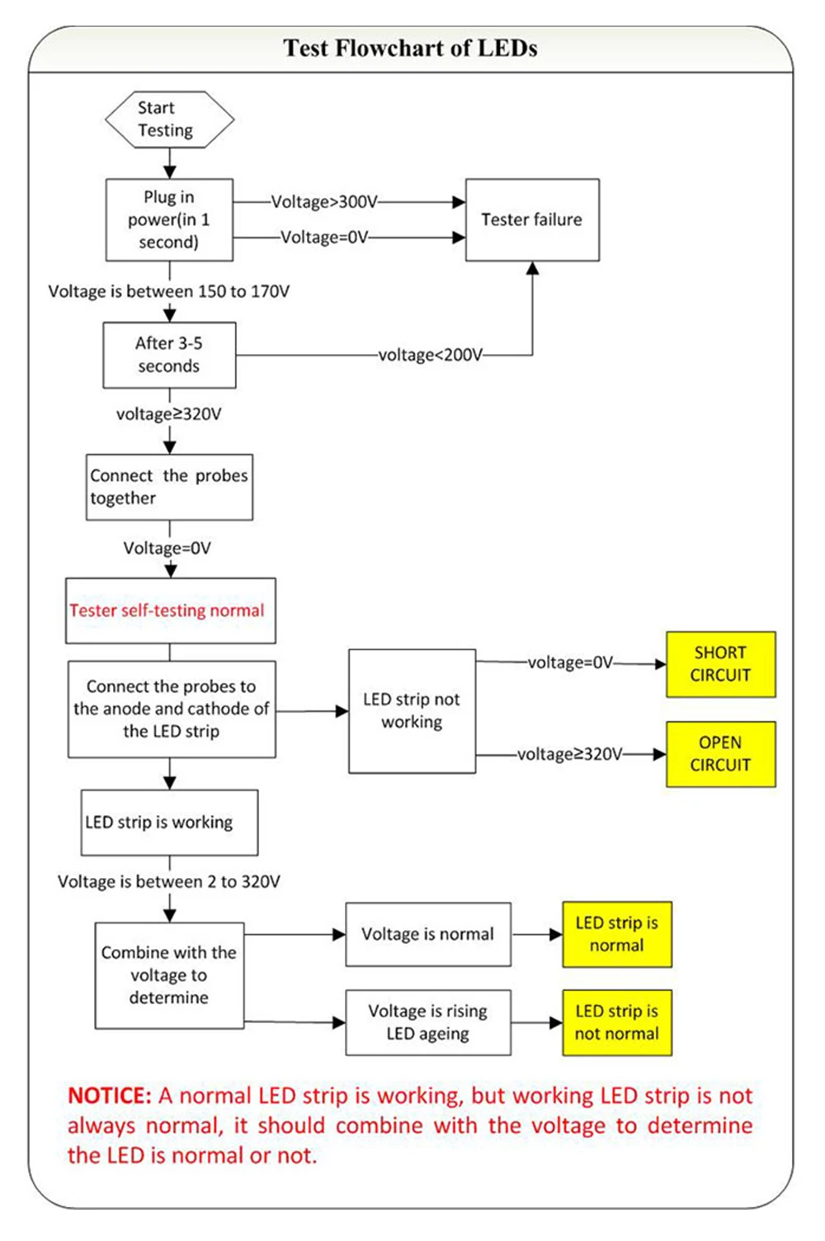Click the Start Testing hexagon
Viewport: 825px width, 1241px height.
170,119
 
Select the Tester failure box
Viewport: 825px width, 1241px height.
532,219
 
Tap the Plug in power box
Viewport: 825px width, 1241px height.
169,219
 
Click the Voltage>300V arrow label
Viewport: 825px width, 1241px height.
324,201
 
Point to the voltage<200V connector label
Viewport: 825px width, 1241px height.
431,355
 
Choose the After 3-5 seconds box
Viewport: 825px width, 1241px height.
169,355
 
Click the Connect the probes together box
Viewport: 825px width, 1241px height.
169,487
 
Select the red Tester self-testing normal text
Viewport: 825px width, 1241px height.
167,611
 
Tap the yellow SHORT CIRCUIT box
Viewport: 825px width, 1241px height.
720,663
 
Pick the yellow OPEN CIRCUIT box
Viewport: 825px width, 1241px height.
720,753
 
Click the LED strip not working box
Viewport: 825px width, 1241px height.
412,710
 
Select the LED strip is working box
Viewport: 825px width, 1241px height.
169,822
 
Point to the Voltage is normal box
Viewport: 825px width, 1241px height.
427,934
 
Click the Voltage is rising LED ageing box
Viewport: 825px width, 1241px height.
427,1022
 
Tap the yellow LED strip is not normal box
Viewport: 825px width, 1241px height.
616,1022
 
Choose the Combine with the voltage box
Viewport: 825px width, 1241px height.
169,975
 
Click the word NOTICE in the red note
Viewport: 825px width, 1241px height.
109,1095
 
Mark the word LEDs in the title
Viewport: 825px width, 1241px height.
507,48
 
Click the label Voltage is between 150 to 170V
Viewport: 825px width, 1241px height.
169,291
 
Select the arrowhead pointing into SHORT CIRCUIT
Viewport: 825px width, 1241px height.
661,663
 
